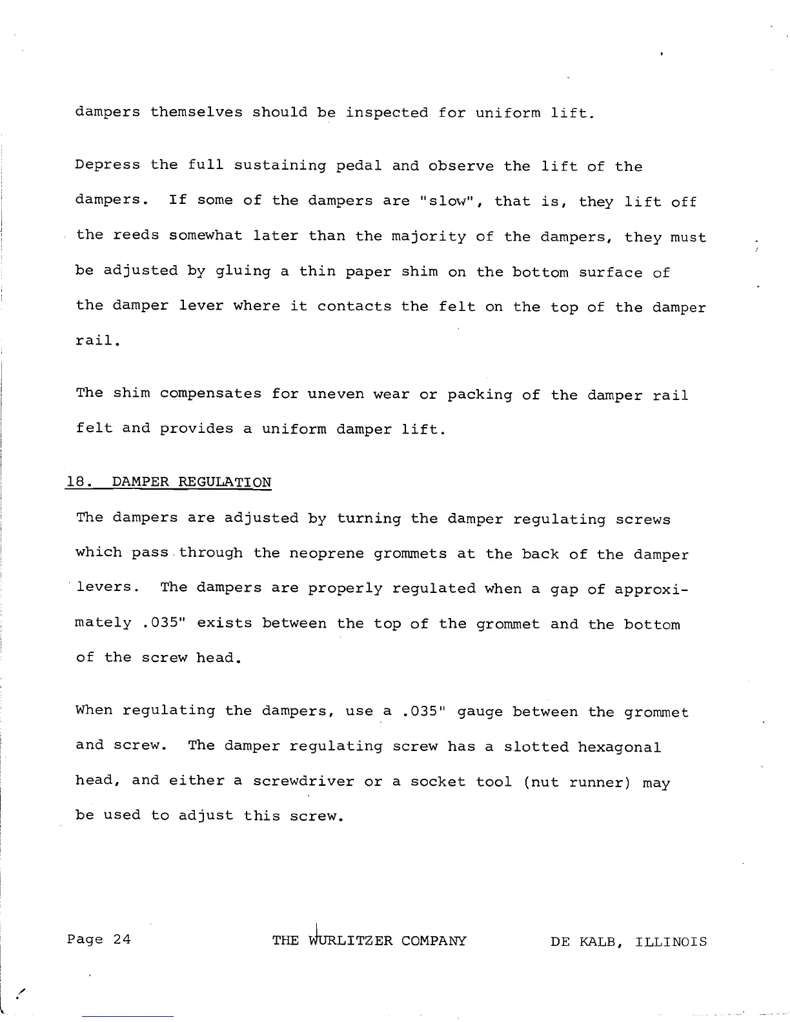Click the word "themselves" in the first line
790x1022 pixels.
(x=196, y=112)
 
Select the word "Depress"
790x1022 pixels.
(x=107, y=165)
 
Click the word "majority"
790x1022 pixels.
(x=429, y=237)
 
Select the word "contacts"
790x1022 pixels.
(x=354, y=306)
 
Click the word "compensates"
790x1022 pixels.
(x=210, y=394)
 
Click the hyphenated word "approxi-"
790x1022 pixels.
(x=652, y=589)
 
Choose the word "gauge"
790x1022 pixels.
(x=480, y=712)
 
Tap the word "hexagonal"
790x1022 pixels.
(x=620, y=747)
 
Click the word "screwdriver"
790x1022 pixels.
(x=303, y=781)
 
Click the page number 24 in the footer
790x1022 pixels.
(x=122, y=939)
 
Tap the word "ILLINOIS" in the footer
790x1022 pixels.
(x=671, y=941)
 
